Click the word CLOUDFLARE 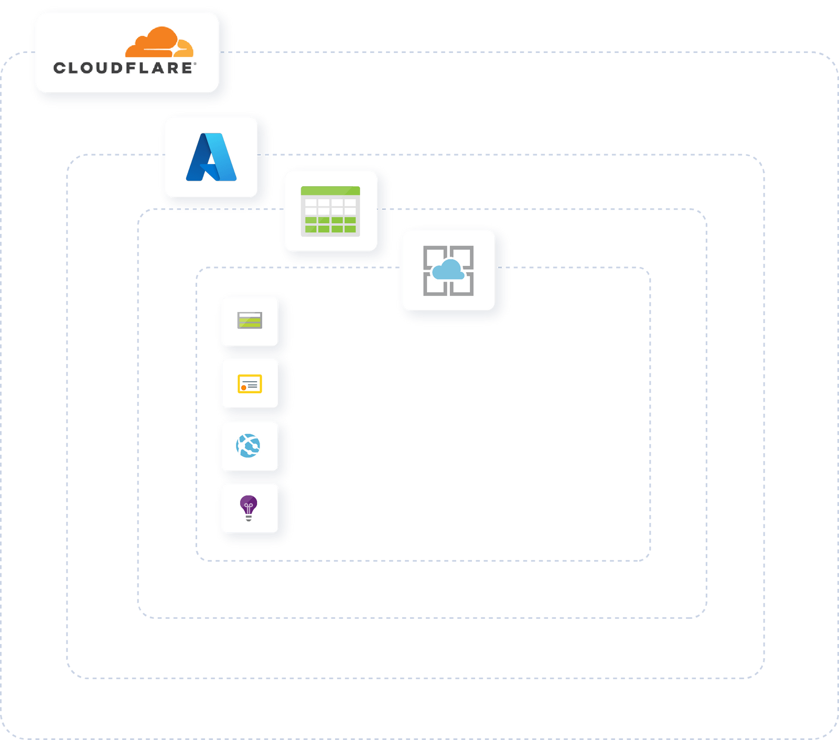click(x=123, y=68)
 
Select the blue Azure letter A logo click(x=211, y=157)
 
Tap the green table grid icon click(x=330, y=211)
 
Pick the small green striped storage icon click(x=250, y=320)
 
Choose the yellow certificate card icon click(x=250, y=384)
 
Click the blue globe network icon click(x=249, y=446)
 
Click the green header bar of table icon click(x=330, y=191)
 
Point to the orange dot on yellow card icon click(x=244, y=388)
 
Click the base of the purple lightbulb click(x=249, y=518)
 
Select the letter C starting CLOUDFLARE click(x=60, y=68)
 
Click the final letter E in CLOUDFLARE click(x=186, y=68)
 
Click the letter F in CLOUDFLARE click(x=131, y=68)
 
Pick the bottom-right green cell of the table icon click(x=350, y=229)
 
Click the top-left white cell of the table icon click(x=311, y=202)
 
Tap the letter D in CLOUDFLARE click(x=116, y=68)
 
